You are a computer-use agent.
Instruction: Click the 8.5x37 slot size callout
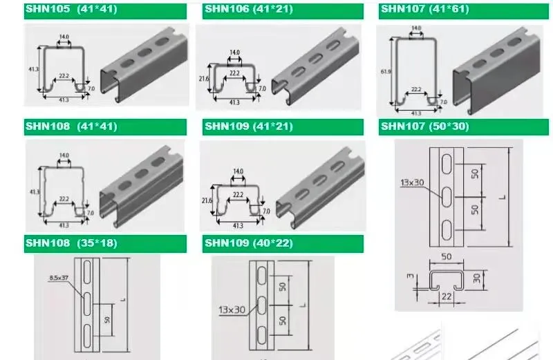click(59, 278)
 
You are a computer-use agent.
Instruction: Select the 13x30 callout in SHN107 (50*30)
click(412, 183)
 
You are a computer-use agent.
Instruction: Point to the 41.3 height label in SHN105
click(31, 70)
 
